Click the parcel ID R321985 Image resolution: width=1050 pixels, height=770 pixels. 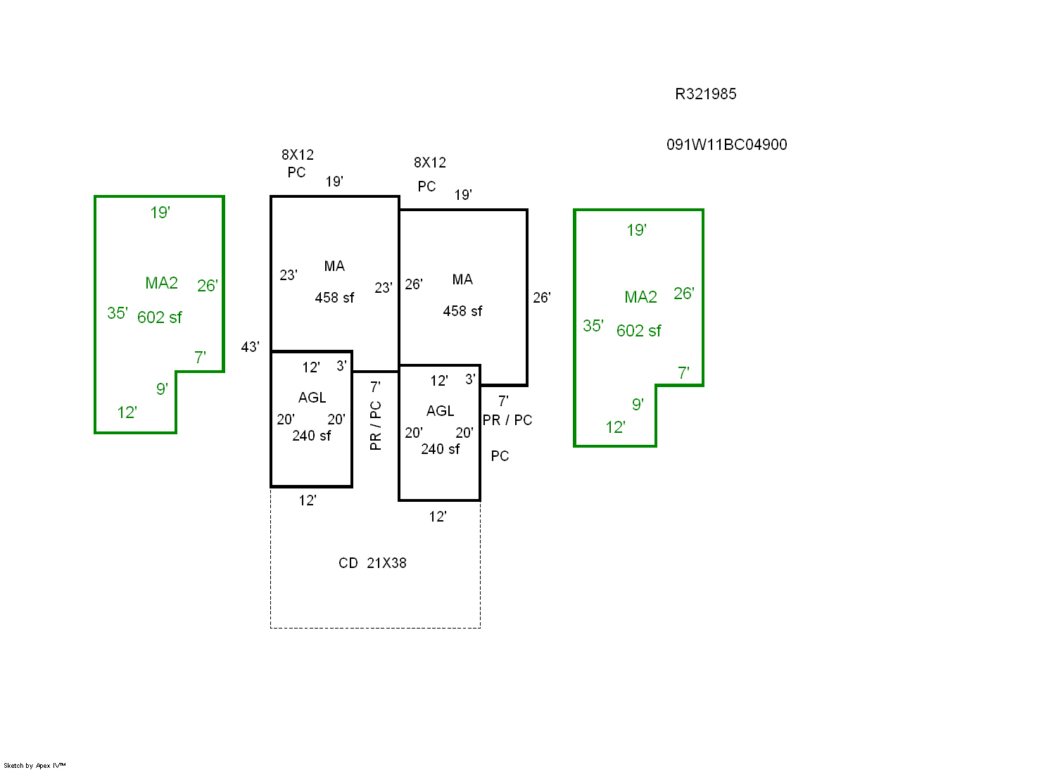705,94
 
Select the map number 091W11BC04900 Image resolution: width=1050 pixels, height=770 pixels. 726,145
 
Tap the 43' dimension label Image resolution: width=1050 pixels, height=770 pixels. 250,347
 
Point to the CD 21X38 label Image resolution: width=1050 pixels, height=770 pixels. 372,563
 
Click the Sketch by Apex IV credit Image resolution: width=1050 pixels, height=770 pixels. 34,765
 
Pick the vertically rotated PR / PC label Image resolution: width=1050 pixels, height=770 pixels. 376,426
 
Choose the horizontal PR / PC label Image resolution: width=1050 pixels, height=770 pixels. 507,420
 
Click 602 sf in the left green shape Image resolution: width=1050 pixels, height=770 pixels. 159,317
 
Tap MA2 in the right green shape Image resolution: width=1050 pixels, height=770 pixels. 640,297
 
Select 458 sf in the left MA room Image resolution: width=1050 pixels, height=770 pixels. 334,298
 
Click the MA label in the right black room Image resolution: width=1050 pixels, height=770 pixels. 462,279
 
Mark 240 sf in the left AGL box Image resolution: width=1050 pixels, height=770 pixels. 312,436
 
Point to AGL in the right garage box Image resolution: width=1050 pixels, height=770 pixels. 441,411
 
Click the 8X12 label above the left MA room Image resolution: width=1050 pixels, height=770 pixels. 298,155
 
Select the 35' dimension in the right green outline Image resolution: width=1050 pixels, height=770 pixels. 593,326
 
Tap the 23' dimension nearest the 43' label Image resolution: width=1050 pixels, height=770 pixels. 288,275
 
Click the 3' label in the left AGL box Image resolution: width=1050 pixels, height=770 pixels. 341,366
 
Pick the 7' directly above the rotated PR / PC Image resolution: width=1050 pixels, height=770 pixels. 375,387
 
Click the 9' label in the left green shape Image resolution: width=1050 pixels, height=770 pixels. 162,389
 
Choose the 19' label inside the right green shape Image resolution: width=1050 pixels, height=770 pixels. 636,230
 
